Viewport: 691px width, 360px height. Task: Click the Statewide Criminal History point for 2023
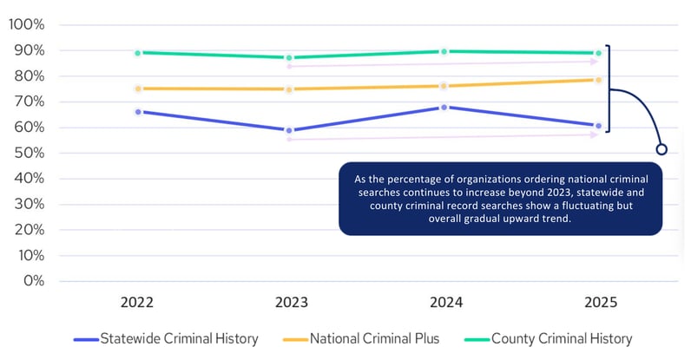290,130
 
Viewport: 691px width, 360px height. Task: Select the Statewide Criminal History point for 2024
444,108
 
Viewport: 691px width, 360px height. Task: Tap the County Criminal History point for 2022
137,53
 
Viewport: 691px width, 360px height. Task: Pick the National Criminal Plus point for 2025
598,80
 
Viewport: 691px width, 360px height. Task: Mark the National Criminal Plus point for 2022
137,88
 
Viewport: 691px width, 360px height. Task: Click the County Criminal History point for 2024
444,51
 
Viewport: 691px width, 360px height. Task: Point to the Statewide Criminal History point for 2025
598,126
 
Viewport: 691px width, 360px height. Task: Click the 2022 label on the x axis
137,303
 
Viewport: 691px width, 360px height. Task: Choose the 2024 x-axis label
444,303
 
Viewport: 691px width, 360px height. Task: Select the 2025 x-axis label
598,303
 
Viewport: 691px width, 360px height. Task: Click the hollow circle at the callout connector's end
661,149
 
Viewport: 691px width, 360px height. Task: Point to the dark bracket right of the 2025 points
609,88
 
